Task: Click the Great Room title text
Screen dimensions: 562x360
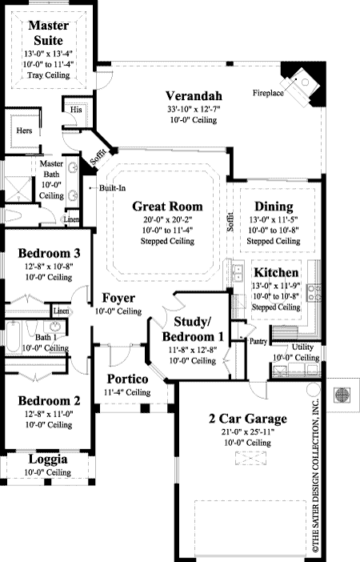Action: point(167,205)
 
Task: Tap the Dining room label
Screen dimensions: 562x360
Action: point(272,206)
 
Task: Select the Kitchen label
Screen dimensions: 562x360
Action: point(276,272)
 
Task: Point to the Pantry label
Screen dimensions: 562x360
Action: point(258,341)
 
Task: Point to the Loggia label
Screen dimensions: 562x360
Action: point(47,460)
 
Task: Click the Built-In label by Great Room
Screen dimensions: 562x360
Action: point(112,188)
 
